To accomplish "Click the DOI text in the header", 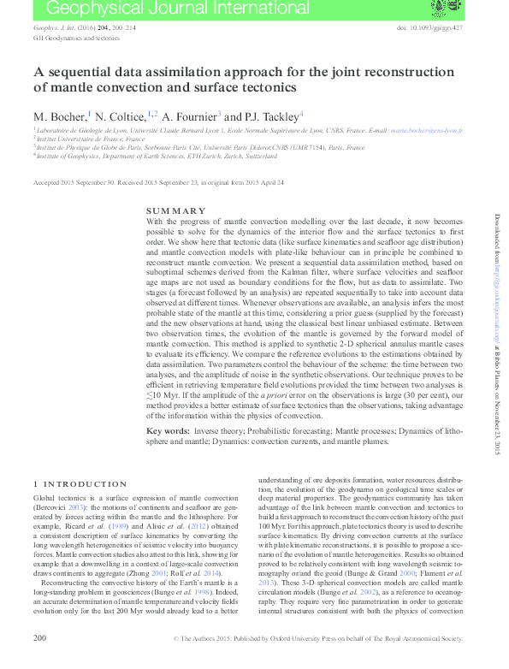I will (x=430, y=28).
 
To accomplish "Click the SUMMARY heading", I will (x=176, y=210).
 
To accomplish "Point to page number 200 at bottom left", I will (x=39, y=661).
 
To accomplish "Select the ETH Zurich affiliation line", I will (x=157, y=157).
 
